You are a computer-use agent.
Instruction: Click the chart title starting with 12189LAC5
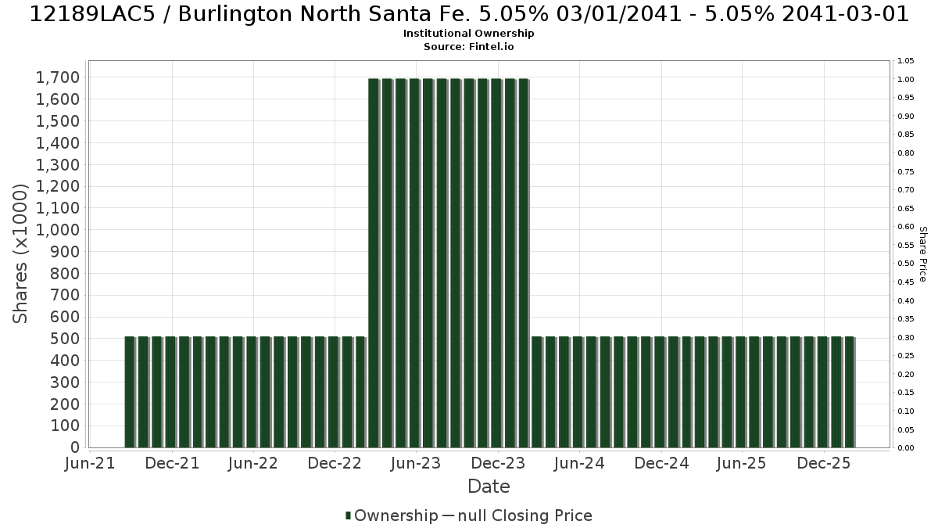(469, 14)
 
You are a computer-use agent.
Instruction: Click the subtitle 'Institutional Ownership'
(468, 34)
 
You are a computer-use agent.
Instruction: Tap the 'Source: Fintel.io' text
(468, 46)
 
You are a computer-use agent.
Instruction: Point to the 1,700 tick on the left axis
(58, 77)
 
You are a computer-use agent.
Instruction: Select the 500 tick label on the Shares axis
(65, 339)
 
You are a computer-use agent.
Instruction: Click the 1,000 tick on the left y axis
(58, 230)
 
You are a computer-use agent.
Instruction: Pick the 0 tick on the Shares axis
(75, 447)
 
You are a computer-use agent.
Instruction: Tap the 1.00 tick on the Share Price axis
(906, 80)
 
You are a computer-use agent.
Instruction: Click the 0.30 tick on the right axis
(906, 337)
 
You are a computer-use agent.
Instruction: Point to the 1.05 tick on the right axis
(906, 61)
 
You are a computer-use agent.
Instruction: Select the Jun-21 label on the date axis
(90, 463)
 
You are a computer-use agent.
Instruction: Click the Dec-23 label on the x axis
(498, 463)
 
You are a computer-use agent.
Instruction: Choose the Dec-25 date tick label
(824, 463)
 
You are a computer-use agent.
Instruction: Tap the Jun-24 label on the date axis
(579, 463)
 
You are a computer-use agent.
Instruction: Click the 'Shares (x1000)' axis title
(20, 254)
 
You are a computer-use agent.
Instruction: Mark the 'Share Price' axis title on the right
(923, 254)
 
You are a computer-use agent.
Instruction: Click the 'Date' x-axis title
(489, 487)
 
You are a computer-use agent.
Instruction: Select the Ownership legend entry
(392, 515)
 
